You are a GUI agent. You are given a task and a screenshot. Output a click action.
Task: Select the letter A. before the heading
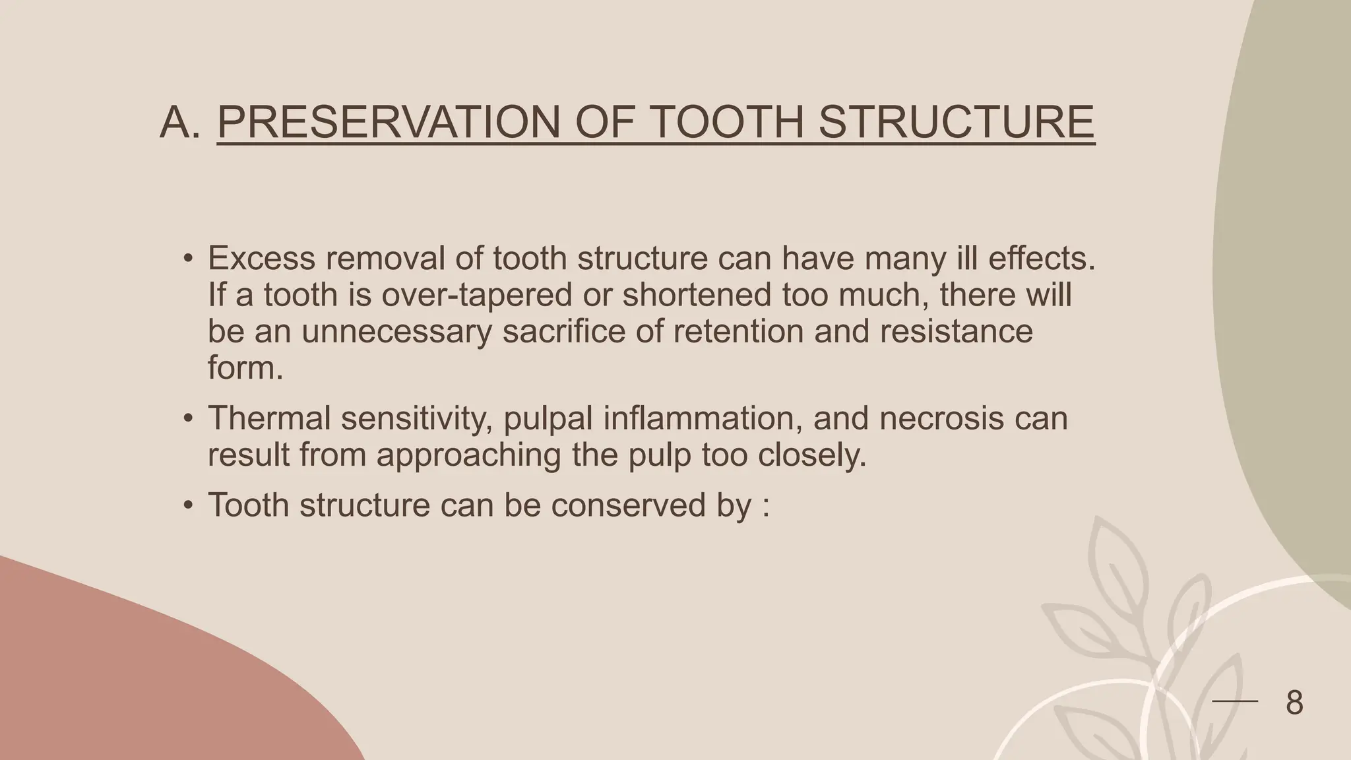point(179,122)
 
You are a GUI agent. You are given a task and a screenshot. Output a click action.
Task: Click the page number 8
point(1294,703)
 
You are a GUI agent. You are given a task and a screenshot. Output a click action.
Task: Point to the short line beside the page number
point(1235,701)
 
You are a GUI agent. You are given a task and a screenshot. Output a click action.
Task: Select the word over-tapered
point(477,294)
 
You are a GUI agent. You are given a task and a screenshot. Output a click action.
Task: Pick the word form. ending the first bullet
point(245,367)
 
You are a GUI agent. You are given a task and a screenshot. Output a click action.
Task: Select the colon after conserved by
point(765,507)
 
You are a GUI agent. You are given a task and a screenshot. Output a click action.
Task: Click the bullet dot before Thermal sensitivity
point(188,419)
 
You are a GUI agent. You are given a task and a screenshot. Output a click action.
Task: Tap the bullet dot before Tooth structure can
point(188,505)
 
